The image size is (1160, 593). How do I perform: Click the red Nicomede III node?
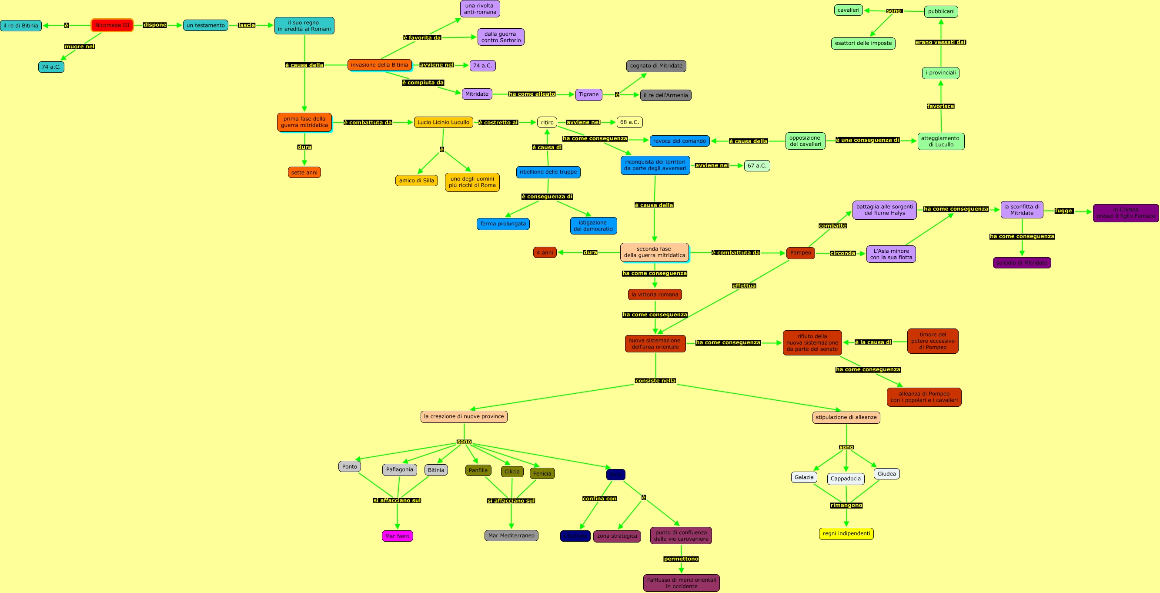(x=112, y=25)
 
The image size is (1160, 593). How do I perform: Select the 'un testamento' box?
(x=205, y=25)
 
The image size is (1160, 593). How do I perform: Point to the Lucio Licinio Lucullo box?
(x=443, y=122)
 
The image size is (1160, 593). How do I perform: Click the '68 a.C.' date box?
(x=629, y=122)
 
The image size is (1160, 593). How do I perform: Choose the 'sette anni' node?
(x=304, y=173)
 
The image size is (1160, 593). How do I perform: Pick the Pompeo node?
(x=800, y=253)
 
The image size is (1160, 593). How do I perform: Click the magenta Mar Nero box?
(x=397, y=536)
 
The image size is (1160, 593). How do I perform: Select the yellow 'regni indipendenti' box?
(x=846, y=533)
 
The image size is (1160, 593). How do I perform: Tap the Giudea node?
(x=886, y=474)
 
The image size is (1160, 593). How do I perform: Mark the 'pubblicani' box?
(x=941, y=12)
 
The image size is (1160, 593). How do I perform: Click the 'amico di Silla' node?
(x=416, y=181)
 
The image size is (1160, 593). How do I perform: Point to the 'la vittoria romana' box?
(x=654, y=295)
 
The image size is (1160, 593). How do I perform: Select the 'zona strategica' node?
(x=616, y=536)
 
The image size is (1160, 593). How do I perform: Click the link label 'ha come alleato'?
(x=532, y=94)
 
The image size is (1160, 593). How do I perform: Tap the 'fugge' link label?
(x=1063, y=211)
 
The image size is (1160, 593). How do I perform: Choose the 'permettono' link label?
(x=681, y=559)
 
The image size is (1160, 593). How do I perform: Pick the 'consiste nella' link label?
(x=655, y=381)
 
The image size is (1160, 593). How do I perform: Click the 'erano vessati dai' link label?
(x=940, y=42)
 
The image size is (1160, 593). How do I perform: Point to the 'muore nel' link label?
(x=79, y=47)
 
